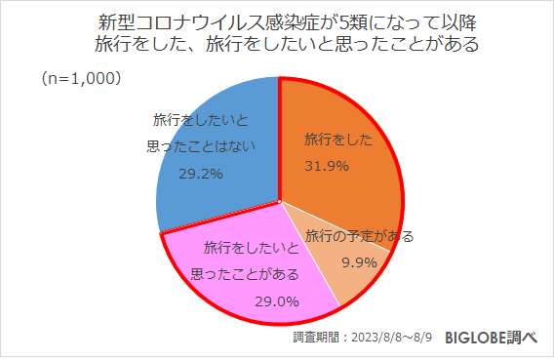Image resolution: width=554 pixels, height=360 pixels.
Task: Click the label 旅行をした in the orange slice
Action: click(x=338, y=140)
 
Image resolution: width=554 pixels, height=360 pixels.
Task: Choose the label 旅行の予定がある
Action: click(x=358, y=236)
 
